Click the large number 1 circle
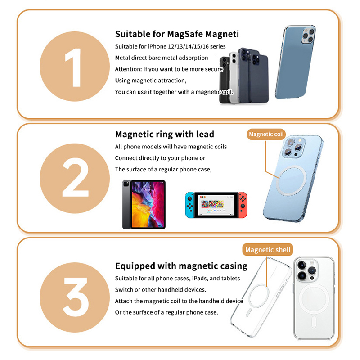click(x=75, y=67)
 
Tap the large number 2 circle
click(x=75, y=178)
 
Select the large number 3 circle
click(x=75, y=297)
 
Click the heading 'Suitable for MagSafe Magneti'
click(x=177, y=34)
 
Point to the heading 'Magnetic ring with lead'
click(x=165, y=134)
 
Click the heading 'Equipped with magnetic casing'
click(x=181, y=266)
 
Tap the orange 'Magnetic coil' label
click(x=266, y=134)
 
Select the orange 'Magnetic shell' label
click(x=268, y=250)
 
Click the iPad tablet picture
click(x=144, y=205)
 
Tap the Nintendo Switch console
click(x=216, y=205)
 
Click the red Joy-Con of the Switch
click(x=243, y=205)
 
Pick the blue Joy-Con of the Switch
click(x=189, y=205)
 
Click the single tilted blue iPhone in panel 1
click(x=295, y=62)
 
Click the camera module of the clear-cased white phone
click(x=306, y=270)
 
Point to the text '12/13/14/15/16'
click(x=188, y=47)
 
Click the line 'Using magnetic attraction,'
click(x=151, y=81)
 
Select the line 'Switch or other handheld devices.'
click(x=161, y=290)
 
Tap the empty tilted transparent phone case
click(x=261, y=297)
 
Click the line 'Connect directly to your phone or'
click(x=160, y=158)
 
